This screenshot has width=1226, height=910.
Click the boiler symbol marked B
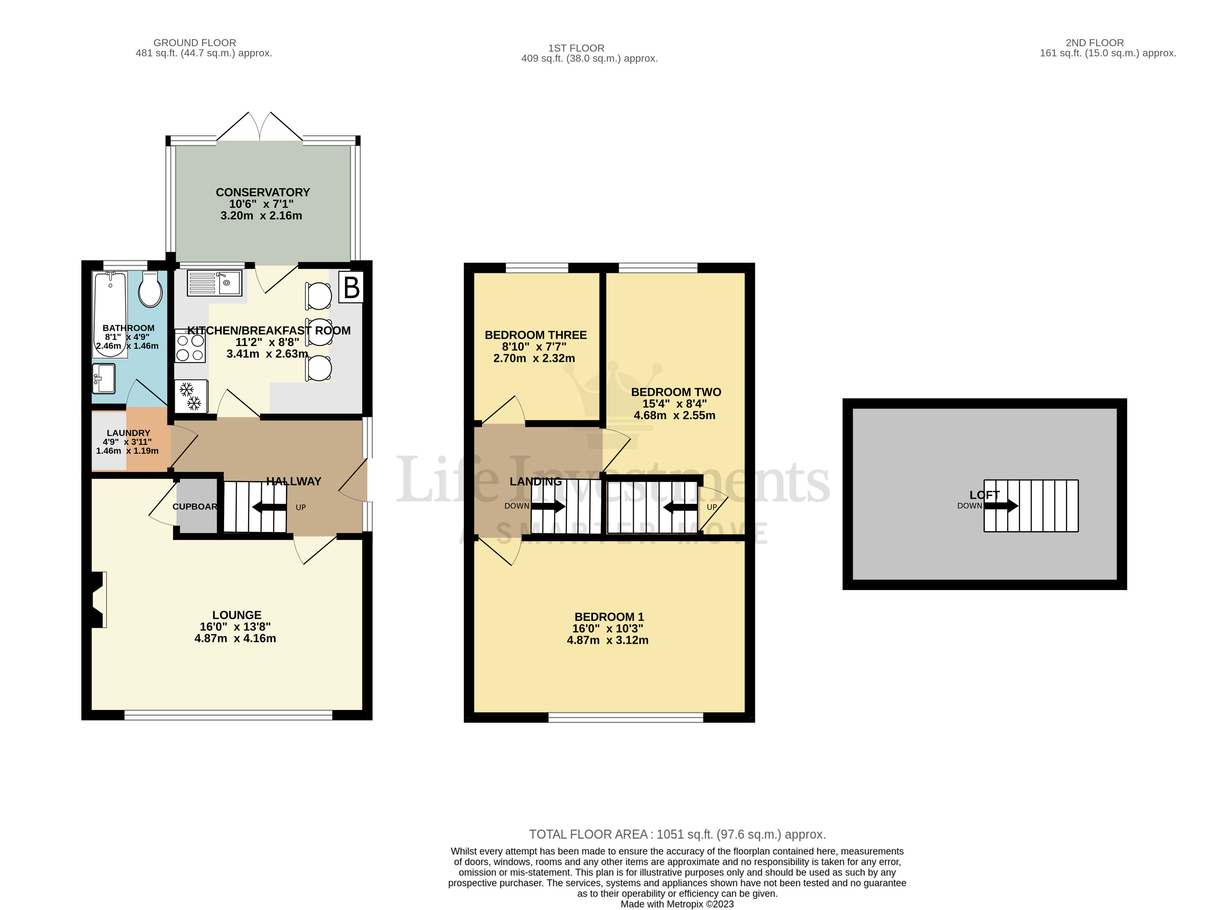[352, 287]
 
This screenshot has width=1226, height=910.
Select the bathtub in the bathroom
[110, 314]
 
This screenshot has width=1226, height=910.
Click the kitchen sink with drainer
[214, 283]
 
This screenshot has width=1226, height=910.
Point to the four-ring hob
[190, 346]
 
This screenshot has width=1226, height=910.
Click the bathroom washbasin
[103, 378]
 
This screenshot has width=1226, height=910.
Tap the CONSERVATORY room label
[263, 192]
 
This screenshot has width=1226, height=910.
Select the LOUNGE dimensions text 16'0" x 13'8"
[235, 627]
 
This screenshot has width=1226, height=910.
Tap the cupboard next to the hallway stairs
[196, 506]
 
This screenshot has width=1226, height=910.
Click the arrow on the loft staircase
[1001, 506]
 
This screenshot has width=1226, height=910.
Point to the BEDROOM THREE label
[535, 335]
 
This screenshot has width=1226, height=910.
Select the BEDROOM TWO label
[676, 392]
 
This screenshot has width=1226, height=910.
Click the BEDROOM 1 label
[609, 617]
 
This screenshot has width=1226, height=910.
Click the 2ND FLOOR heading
[1094, 42]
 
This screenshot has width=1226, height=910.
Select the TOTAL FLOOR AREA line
[677, 834]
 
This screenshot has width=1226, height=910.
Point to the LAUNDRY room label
[128, 433]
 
